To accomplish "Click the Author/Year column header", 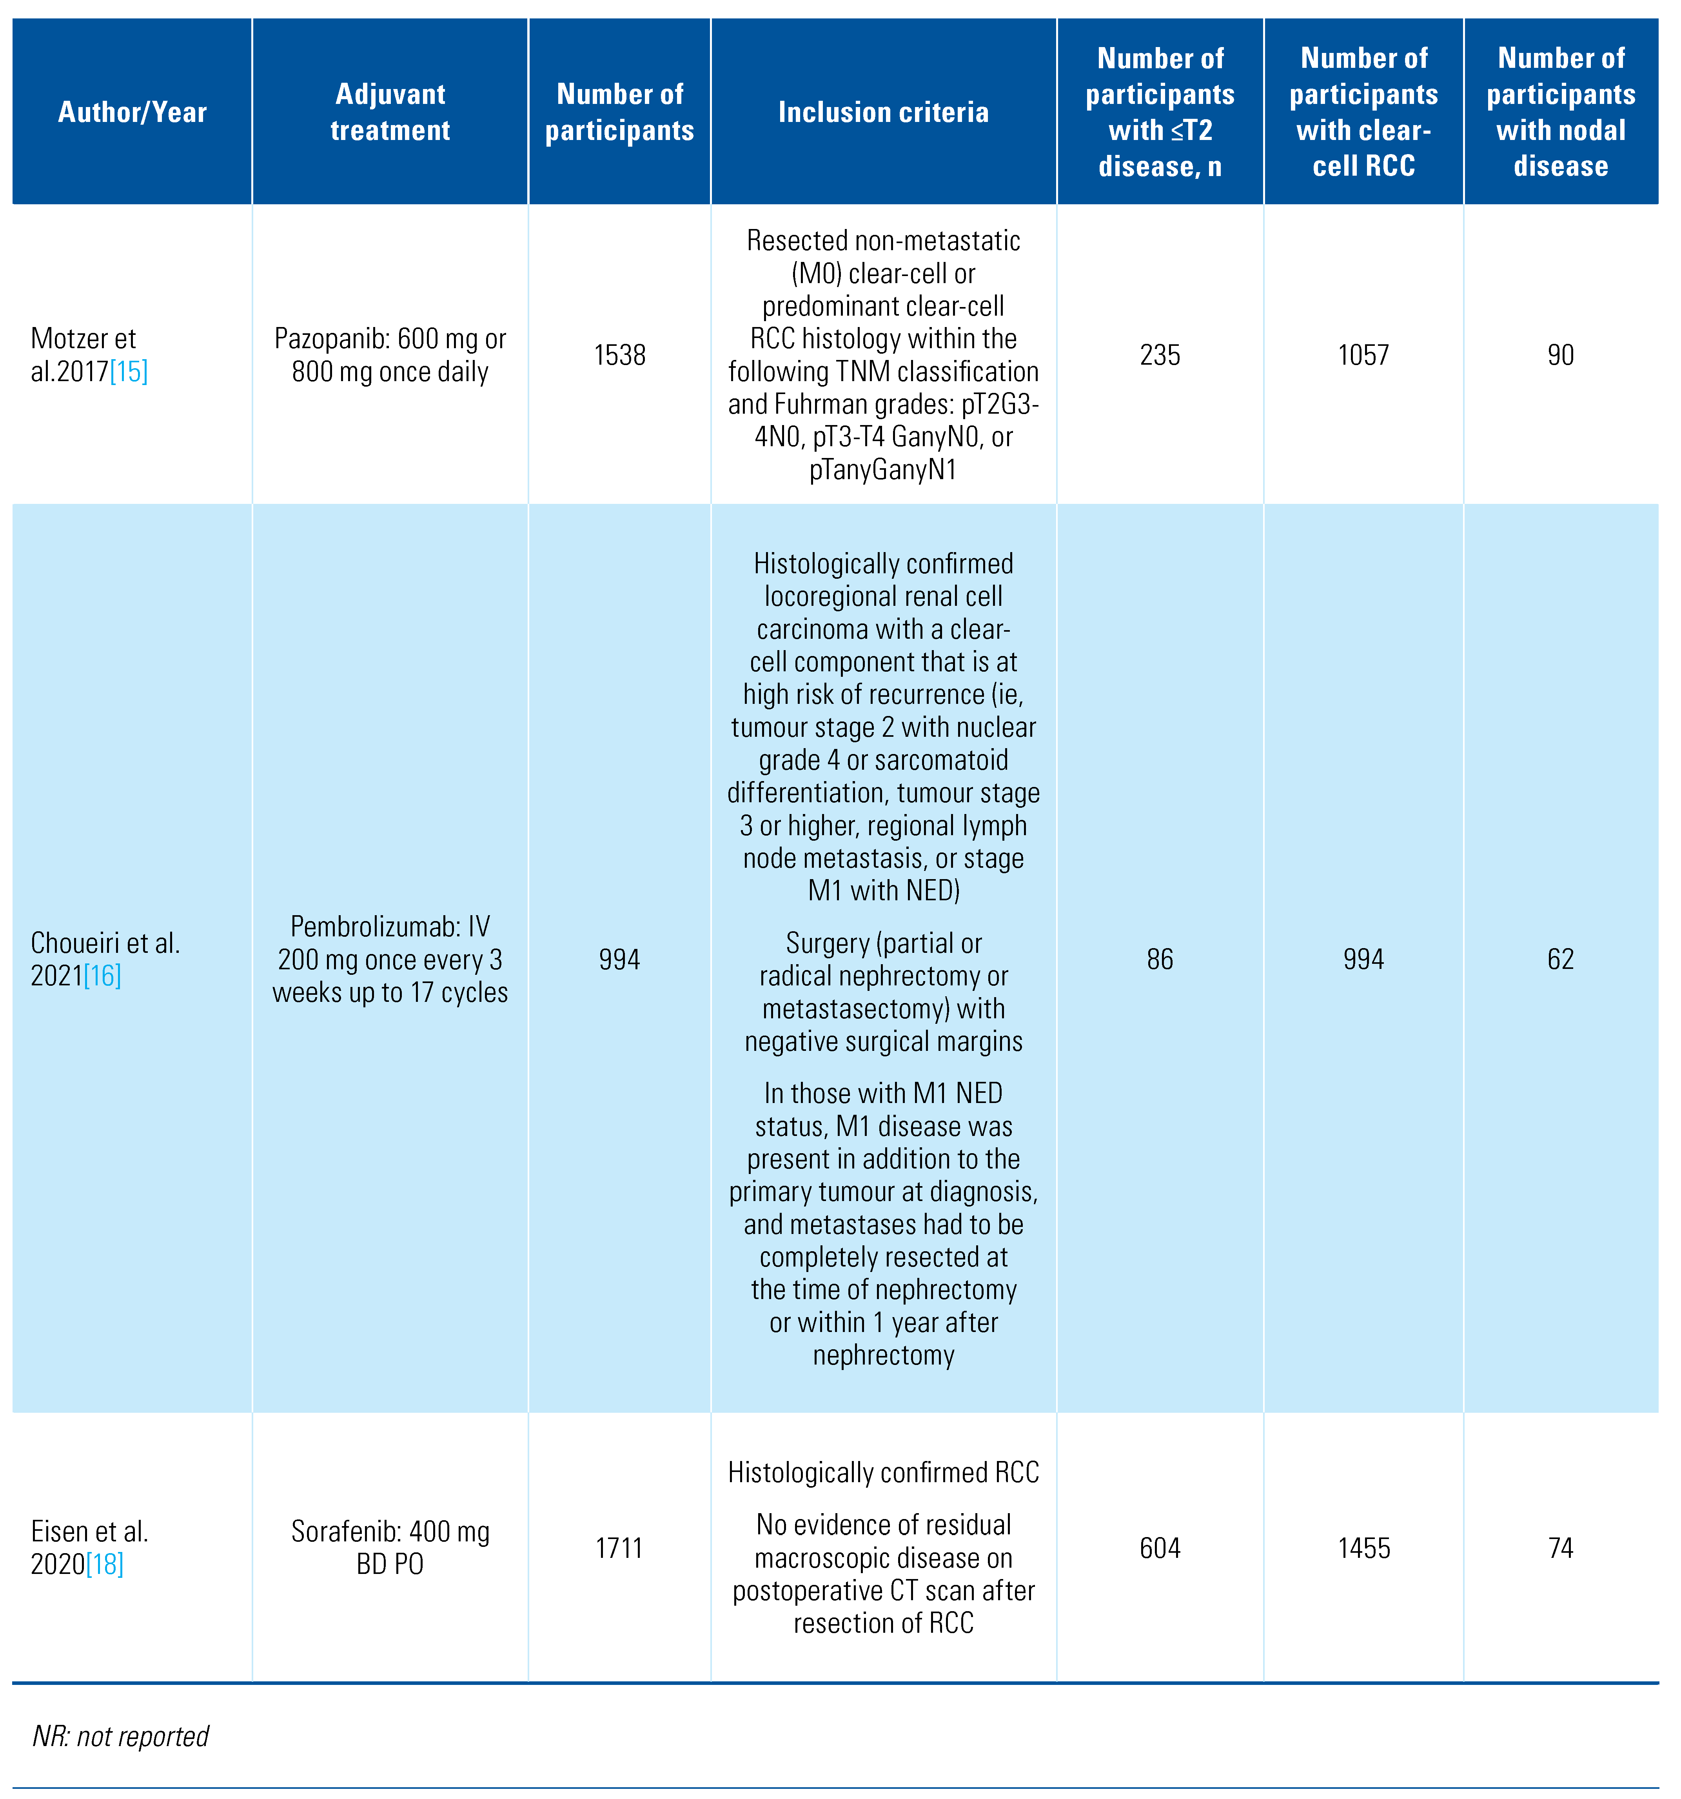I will coord(132,112).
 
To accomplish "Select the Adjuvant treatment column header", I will coord(390,112).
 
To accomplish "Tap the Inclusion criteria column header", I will coord(883,112).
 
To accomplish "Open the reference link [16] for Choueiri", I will coord(102,976).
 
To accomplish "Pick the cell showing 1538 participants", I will coord(620,355).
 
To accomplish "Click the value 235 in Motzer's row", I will coord(1160,355).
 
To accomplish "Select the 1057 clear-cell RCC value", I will coord(1363,355).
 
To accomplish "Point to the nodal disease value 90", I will coord(1561,355).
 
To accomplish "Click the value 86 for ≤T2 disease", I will coord(1160,959).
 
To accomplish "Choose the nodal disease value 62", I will coord(1561,959).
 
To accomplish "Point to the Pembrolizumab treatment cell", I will coord(390,959).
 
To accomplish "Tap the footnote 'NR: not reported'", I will coord(120,1735).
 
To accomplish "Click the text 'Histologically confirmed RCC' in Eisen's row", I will coord(883,1472).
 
